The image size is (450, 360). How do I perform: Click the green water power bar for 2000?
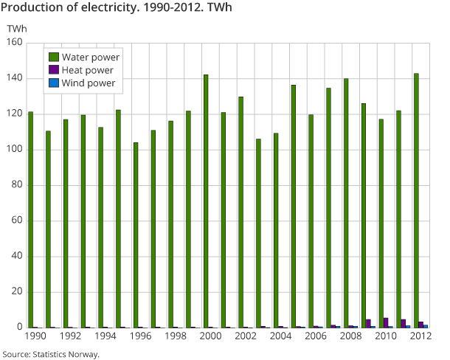[206, 201]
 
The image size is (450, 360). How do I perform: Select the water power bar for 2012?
[416, 200]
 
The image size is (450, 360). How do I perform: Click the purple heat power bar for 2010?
[386, 322]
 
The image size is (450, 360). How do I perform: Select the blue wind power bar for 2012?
[426, 326]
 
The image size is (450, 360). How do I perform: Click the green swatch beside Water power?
[54, 57]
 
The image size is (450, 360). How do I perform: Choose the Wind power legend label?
[89, 83]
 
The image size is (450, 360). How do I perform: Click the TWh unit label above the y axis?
[15, 28]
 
